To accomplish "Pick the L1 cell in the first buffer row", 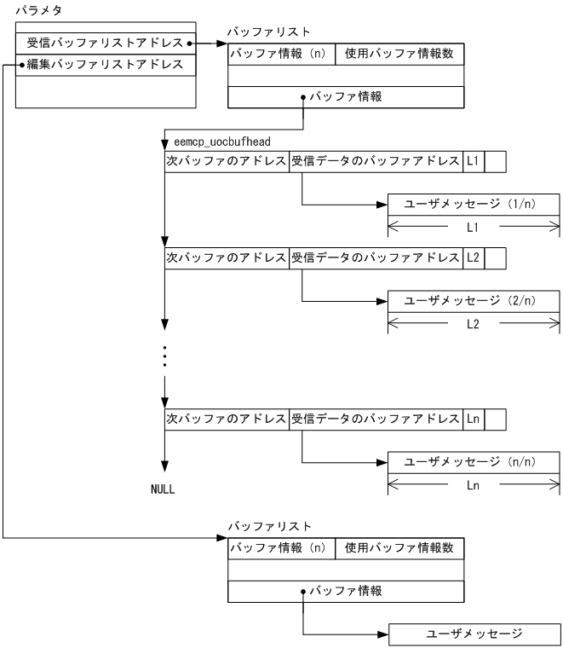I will pos(473,161).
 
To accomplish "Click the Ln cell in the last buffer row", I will pos(473,419).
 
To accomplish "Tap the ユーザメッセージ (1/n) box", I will pos(474,205).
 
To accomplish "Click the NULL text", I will pos(162,490).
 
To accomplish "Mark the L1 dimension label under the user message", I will pos(474,229).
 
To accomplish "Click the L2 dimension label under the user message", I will pos(474,324).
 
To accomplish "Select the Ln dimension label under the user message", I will pos(474,486).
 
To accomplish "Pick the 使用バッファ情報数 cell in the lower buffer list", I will pos(399,547).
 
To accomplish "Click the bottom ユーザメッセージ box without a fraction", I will pos(474,634).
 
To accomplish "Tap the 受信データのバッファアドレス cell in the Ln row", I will pos(376,419).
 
